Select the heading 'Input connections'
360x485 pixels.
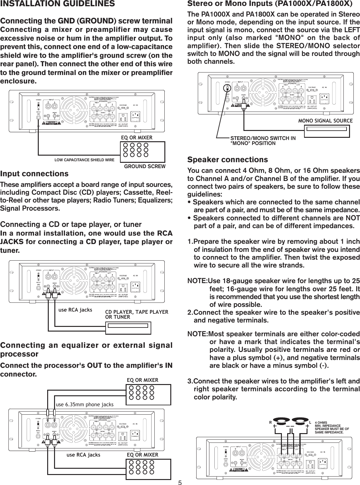pyautogui.click(x=34, y=174)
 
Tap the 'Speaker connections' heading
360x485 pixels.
pyautogui.click(x=227, y=160)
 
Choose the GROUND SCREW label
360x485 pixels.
pyautogui.click(x=145, y=167)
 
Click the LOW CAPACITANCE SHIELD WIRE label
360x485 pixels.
pyautogui.click(x=84, y=160)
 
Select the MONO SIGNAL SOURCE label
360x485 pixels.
pyautogui.click(x=325, y=121)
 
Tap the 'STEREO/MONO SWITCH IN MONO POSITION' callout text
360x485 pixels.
pyautogui.click(x=262, y=141)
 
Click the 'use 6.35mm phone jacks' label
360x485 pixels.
pyautogui.click(x=84, y=405)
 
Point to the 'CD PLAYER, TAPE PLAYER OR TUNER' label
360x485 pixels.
pyautogui.click(x=137, y=315)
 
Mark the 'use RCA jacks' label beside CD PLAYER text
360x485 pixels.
pyautogui.click(x=75, y=310)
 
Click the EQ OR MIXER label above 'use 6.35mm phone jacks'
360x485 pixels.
pyautogui.click(x=142, y=380)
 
